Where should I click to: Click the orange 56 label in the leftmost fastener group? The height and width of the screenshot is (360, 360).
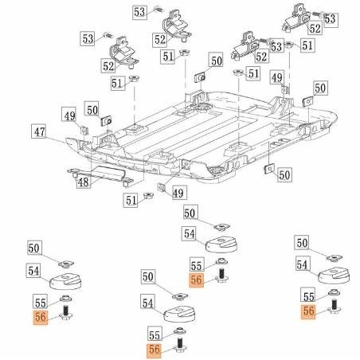[41, 317]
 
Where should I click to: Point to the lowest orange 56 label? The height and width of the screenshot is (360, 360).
[154, 348]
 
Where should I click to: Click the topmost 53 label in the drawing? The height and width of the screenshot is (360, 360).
[139, 12]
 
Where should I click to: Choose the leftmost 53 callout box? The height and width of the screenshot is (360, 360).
[88, 38]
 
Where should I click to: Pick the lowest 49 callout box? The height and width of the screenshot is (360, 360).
[178, 193]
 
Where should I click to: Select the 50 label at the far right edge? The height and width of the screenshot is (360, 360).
[319, 88]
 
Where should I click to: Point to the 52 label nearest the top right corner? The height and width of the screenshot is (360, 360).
[315, 28]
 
